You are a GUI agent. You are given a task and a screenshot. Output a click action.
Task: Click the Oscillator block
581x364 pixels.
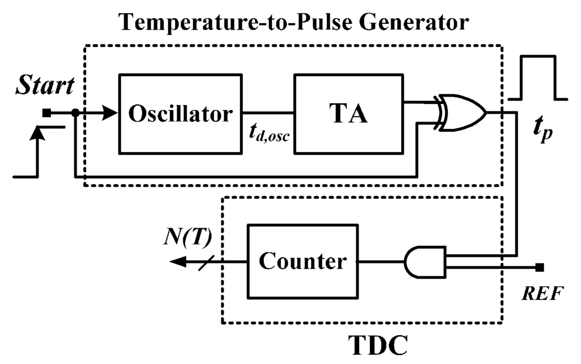(180, 114)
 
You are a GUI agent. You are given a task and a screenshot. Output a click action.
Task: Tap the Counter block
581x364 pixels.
(302, 262)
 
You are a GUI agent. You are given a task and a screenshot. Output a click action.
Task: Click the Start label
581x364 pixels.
(44, 87)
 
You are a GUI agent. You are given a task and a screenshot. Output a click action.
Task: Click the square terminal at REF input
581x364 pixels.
(540, 267)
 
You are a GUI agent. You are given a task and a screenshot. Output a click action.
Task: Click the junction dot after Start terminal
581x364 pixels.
(75, 114)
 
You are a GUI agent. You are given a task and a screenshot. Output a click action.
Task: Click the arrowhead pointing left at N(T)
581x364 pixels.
(177, 262)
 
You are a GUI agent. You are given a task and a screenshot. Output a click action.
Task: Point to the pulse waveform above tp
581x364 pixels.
(534, 78)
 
